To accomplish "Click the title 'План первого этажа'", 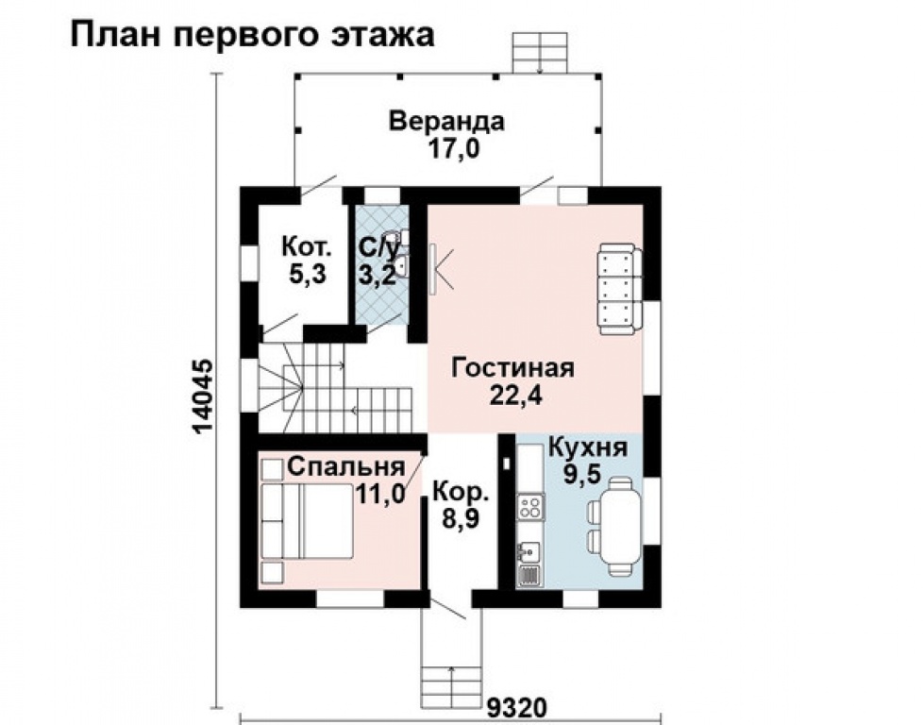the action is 253,35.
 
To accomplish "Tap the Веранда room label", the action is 446,121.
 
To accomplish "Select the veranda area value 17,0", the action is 453,148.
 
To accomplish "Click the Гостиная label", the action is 512,368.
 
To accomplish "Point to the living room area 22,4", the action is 515,396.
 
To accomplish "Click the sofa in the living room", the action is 620,289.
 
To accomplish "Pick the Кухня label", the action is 587,447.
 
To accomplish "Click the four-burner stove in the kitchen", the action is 529,508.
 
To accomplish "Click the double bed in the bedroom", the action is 306,521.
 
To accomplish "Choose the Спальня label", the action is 346,467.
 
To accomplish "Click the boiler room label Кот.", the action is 307,246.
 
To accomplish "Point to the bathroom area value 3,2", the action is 378,275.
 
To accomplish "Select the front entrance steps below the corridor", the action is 451,682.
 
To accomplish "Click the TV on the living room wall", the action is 432,269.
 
